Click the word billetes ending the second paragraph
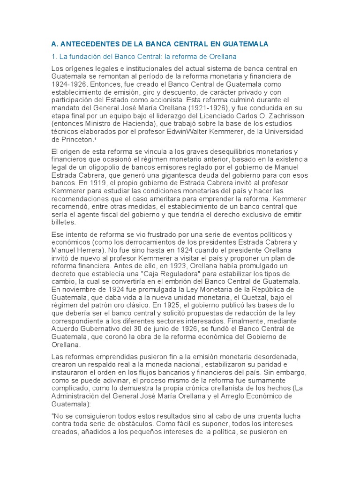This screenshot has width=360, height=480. coord(63,223)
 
